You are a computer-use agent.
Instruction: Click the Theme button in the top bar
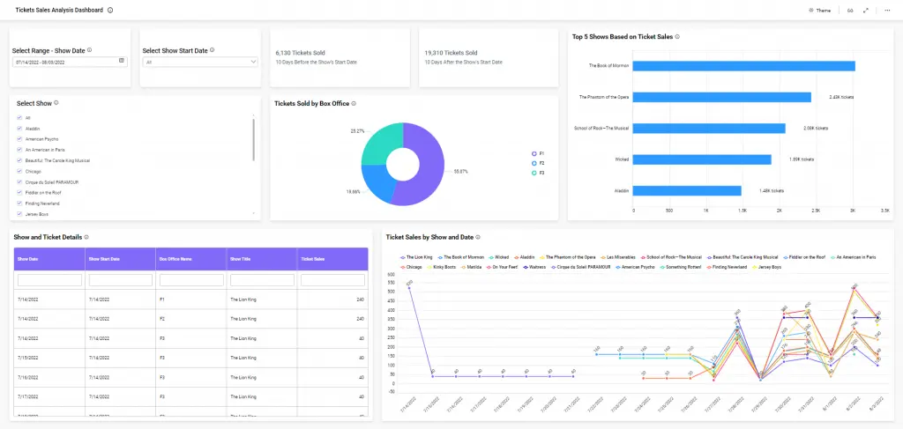pyautogui.click(x=819, y=11)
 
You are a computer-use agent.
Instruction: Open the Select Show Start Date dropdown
pyautogui.click(x=200, y=63)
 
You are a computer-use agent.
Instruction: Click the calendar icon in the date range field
pyautogui.click(x=122, y=62)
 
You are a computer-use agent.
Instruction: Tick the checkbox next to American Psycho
pyautogui.click(x=19, y=139)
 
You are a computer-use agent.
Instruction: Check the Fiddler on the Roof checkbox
pyautogui.click(x=19, y=192)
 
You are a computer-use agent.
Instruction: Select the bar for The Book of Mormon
pyautogui.click(x=744, y=66)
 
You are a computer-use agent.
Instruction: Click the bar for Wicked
pyautogui.click(x=702, y=159)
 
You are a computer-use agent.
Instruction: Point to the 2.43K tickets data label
pyautogui.click(x=841, y=97)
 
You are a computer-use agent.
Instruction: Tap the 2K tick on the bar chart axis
pyautogui.click(x=779, y=211)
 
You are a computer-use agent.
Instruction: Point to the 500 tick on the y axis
pyautogui.click(x=390, y=285)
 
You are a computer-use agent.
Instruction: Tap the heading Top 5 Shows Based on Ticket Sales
pyautogui.click(x=622, y=37)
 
